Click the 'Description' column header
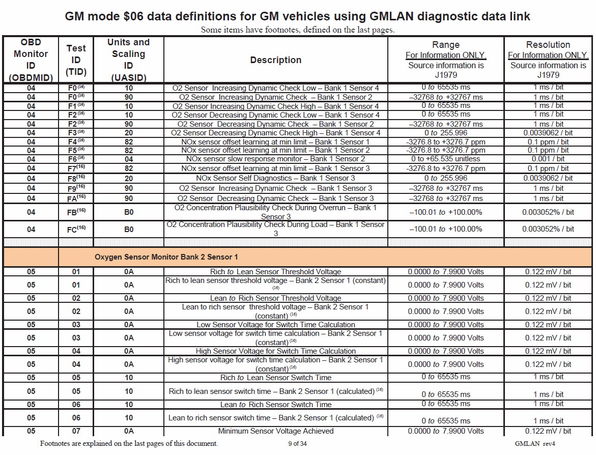[275, 60]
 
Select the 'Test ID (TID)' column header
[76, 60]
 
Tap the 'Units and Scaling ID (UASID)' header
[128, 60]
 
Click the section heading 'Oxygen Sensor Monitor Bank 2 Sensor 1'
[166, 257]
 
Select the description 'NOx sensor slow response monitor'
[275, 159]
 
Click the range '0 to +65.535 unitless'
[445, 159]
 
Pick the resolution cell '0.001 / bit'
[548, 159]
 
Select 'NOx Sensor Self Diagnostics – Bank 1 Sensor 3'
[275, 178]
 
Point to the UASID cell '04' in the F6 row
[128, 159]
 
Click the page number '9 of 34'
[297, 444]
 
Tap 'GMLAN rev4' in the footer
[534, 444]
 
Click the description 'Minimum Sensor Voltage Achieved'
[275, 431]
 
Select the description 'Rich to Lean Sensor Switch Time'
[275, 378]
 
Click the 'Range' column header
[445, 45]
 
